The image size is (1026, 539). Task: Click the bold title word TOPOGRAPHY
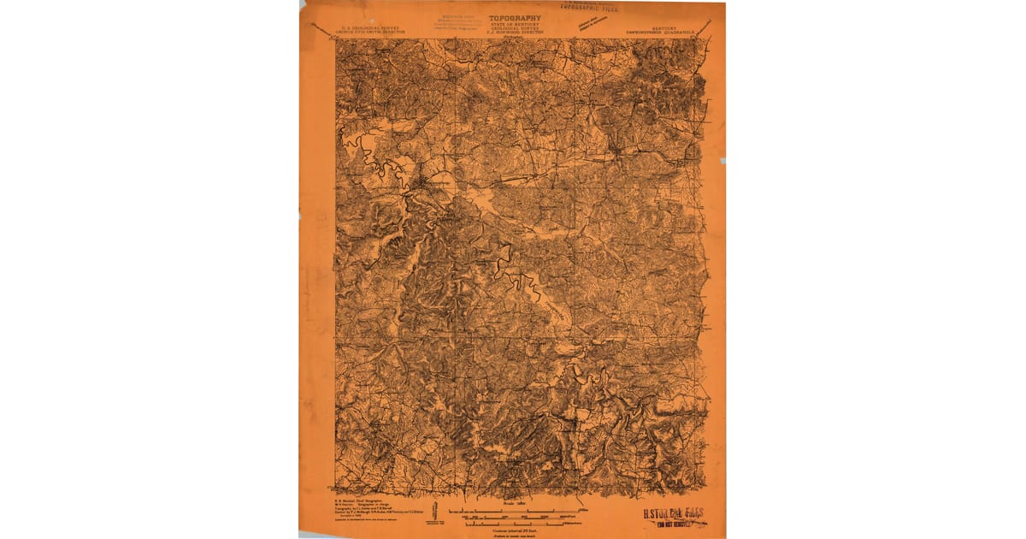tap(514, 17)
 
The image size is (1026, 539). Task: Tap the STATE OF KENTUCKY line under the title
tap(514, 23)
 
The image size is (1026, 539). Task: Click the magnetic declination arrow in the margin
tap(436, 514)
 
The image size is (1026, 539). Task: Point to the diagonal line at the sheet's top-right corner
tap(704, 30)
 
